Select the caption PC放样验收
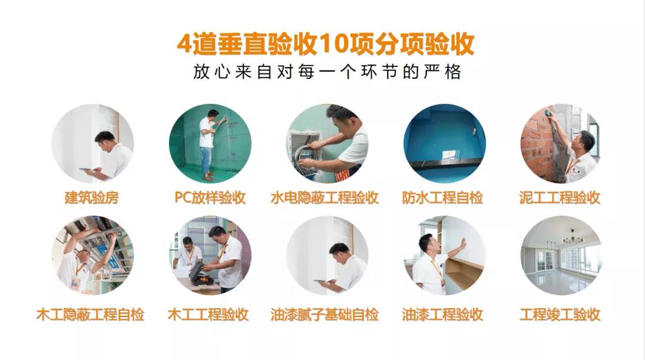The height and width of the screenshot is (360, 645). pyautogui.click(x=210, y=198)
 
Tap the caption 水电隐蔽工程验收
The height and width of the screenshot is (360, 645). pyautogui.click(x=324, y=198)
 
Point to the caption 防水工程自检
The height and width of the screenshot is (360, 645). pyautogui.click(x=443, y=198)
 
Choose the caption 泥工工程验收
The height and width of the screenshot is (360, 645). pyautogui.click(x=560, y=198)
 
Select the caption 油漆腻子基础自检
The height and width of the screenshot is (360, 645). pyautogui.click(x=324, y=315)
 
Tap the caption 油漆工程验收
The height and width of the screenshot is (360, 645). pyautogui.click(x=443, y=315)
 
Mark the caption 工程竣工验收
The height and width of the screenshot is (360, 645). pyautogui.click(x=560, y=315)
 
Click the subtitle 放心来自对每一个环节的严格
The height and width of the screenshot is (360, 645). pyautogui.click(x=327, y=72)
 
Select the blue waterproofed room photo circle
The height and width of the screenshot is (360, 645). pyautogui.click(x=444, y=143)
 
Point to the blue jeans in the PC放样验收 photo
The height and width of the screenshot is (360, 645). pyautogui.click(x=206, y=158)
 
